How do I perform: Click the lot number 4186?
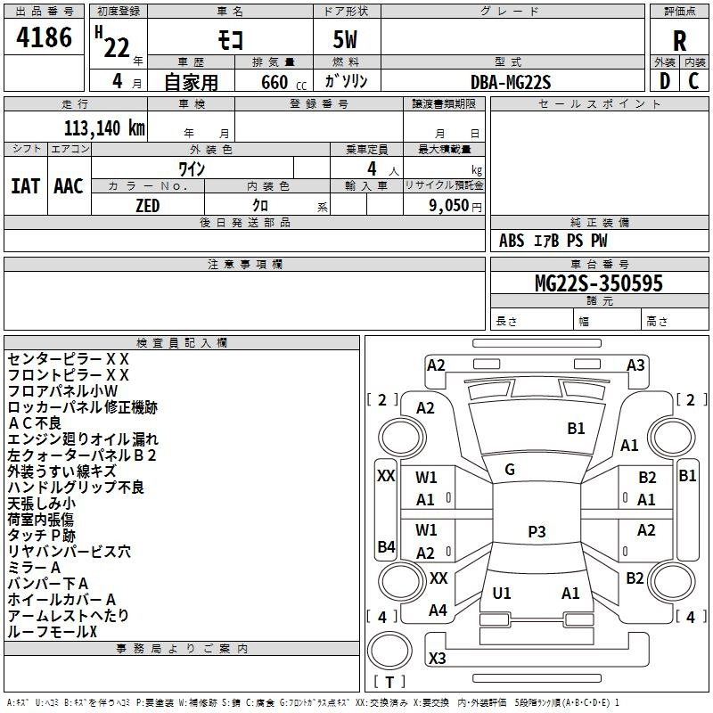tap(44, 37)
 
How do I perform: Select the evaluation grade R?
tap(679, 41)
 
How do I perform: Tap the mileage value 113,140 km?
tap(104, 128)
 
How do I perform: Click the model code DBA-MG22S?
tap(511, 82)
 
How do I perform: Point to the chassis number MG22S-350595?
tap(599, 283)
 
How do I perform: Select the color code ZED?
tap(148, 206)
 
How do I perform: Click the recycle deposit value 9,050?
tap(448, 205)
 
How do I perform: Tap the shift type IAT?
tap(26, 186)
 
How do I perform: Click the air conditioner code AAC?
tap(69, 186)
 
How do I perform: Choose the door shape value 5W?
tap(345, 39)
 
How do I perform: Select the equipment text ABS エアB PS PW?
tap(553, 241)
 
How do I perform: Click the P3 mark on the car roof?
tap(537, 531)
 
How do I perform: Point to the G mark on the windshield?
tap(510, 470)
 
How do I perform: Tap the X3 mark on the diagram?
tap(437, 658)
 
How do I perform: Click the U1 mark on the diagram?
tap(502, 593)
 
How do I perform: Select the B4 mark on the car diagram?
tap(386, 546)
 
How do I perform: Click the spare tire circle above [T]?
tap(389, 650)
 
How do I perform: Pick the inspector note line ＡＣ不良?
tap(35, 422)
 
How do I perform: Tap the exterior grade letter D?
tap(665, 81)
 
